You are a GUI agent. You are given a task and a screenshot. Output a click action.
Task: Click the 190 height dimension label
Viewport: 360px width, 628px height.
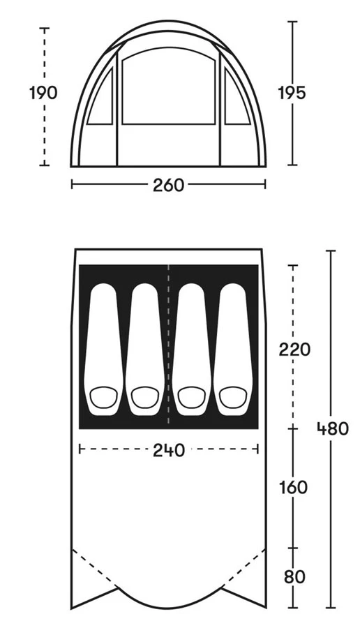point(44,93)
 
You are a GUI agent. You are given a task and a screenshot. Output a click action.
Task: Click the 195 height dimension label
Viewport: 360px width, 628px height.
point(292,93)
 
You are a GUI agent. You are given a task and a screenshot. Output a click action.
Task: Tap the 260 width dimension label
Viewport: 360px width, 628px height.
point(168,185)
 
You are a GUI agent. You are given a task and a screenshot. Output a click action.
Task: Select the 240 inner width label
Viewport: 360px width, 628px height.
point(169,450)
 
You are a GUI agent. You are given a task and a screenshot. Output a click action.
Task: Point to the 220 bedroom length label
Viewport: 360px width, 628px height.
point(294,350)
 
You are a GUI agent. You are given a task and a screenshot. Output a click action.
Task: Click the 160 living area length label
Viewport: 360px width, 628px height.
point(294,488)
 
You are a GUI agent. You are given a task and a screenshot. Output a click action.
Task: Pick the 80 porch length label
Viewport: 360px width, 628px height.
point(294,577)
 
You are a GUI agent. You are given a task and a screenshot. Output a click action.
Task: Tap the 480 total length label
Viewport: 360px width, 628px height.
point(333,429)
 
